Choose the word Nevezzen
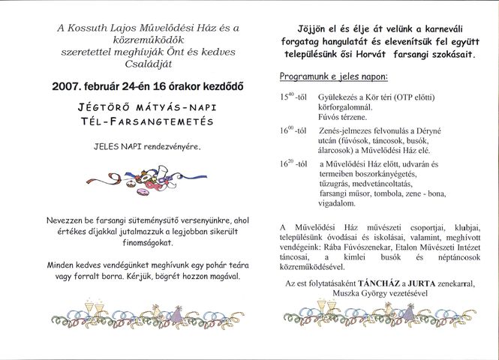click(69, 221)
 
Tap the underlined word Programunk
click(306, 76)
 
